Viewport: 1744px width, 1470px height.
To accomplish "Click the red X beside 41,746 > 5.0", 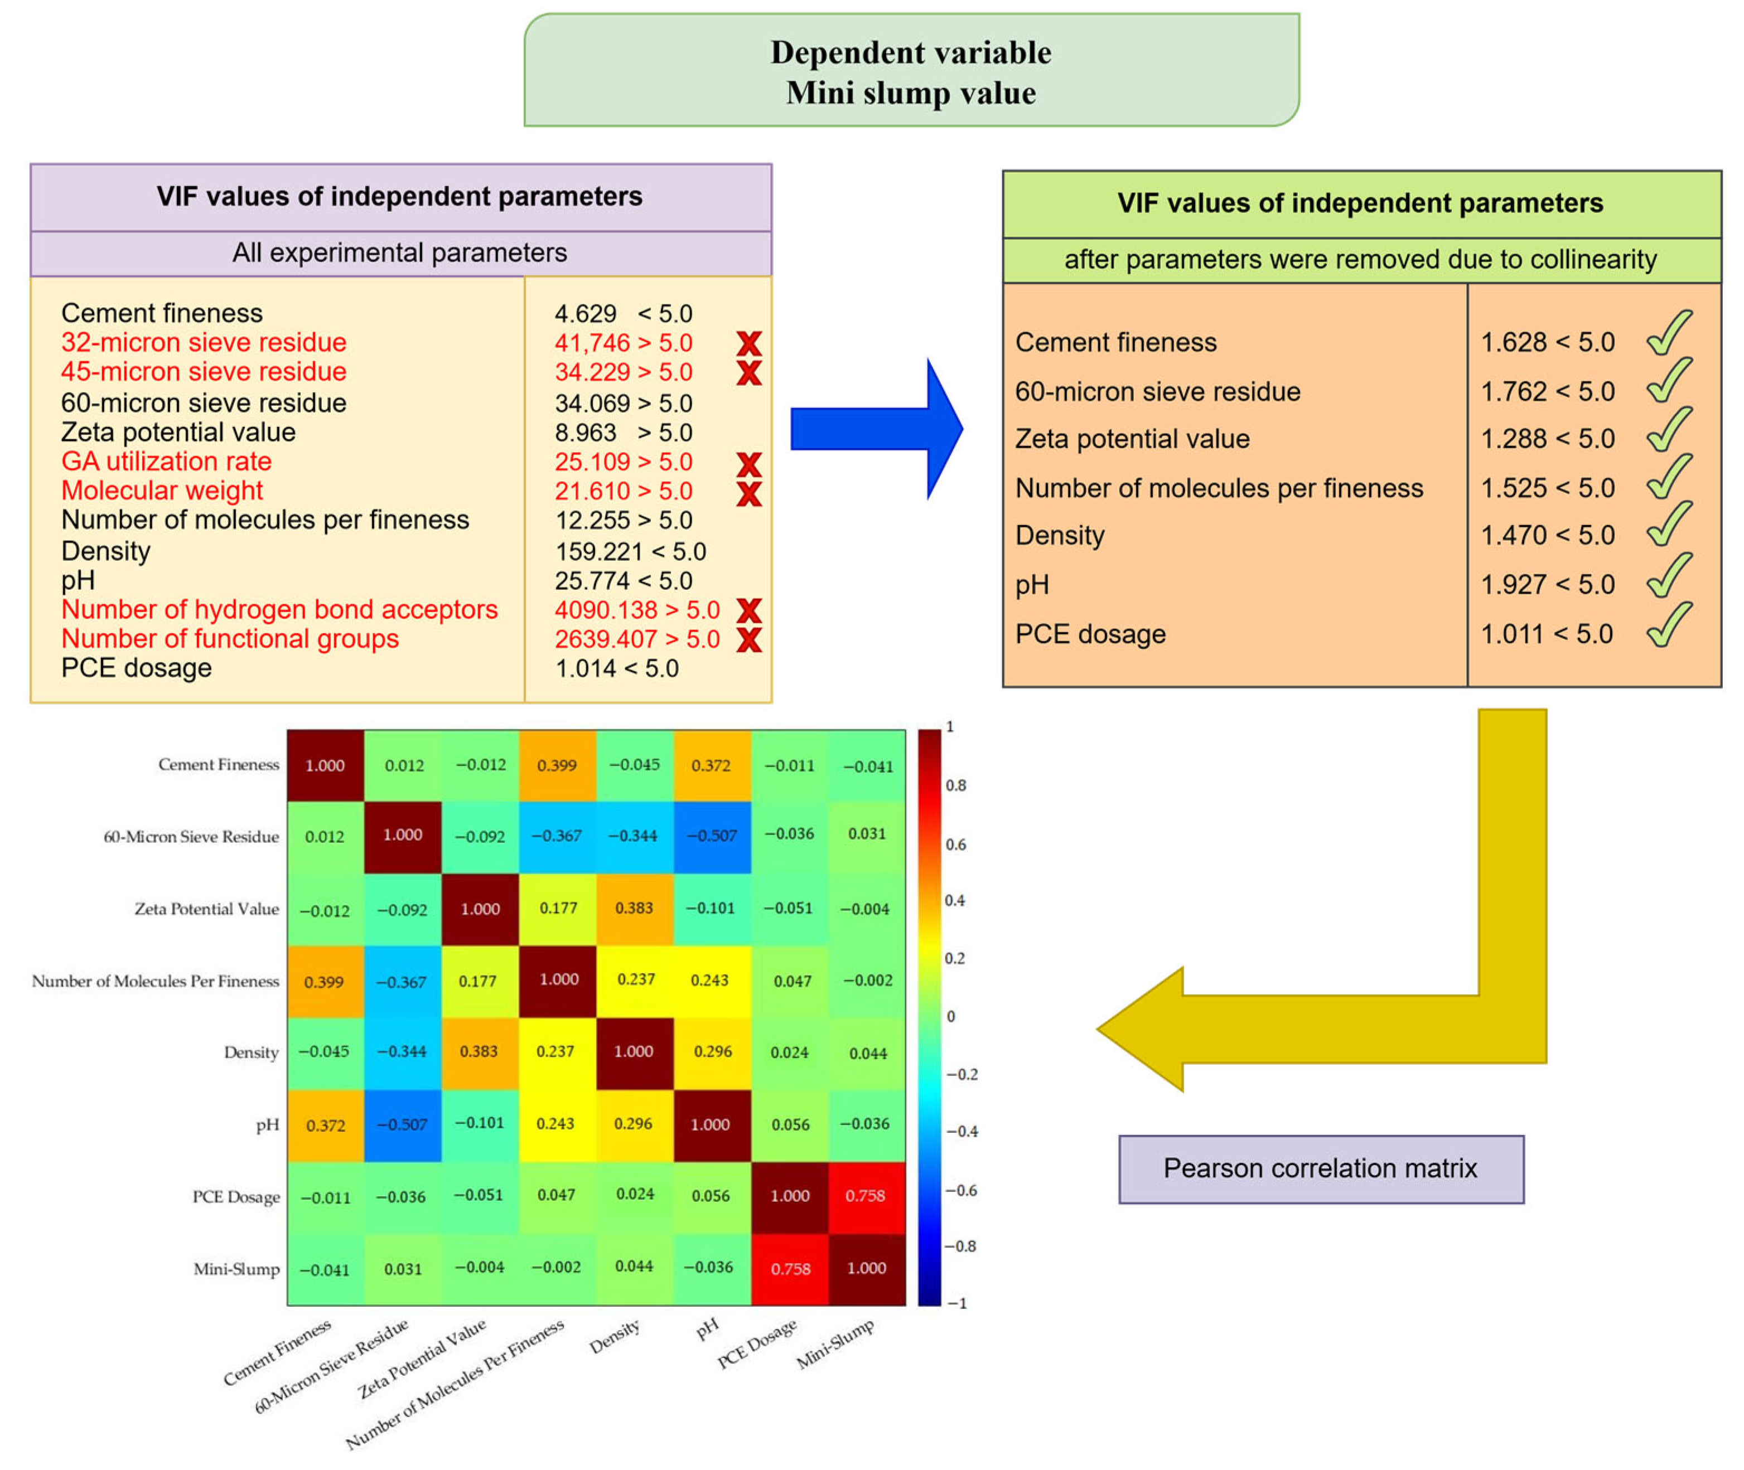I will [x=748, y=343].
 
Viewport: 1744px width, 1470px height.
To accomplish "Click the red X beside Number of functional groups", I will [x=748, y=639].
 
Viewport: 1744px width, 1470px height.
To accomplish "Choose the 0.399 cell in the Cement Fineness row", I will [x=557, y=765].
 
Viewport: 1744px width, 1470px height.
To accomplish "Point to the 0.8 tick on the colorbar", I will [x=955, y=785].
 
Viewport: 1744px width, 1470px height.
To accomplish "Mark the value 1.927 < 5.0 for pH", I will [x=1547, y=585].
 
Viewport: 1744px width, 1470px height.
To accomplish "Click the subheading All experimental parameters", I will [x=399, y=253].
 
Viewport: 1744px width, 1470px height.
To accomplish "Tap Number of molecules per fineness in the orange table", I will [x=1218, y=488].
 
